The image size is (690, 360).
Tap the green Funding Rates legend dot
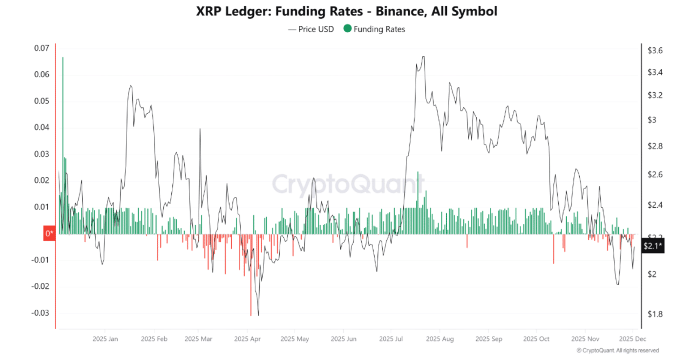tap(347, 29)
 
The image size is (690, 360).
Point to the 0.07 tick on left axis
tap(42, 48)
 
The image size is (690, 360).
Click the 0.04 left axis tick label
tap(42, 127)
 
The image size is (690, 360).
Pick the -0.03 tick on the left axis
tap(41, 313)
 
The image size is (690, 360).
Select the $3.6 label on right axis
tap(654, 50)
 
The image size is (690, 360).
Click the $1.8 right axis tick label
tap(654, 314)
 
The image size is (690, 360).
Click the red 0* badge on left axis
tap(50, 234)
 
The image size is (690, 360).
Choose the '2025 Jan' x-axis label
tap(105, 339)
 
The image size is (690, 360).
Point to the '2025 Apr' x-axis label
tap(248, 339)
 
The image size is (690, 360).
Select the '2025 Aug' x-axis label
tap(439, 339)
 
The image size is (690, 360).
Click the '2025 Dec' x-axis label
tap(632, 339)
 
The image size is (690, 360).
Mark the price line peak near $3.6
tap(423, 57)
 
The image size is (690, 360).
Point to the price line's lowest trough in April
tap(258, 315)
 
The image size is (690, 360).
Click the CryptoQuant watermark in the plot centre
tap(347, 185)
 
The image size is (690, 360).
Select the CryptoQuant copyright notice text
tap(617, 351)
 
